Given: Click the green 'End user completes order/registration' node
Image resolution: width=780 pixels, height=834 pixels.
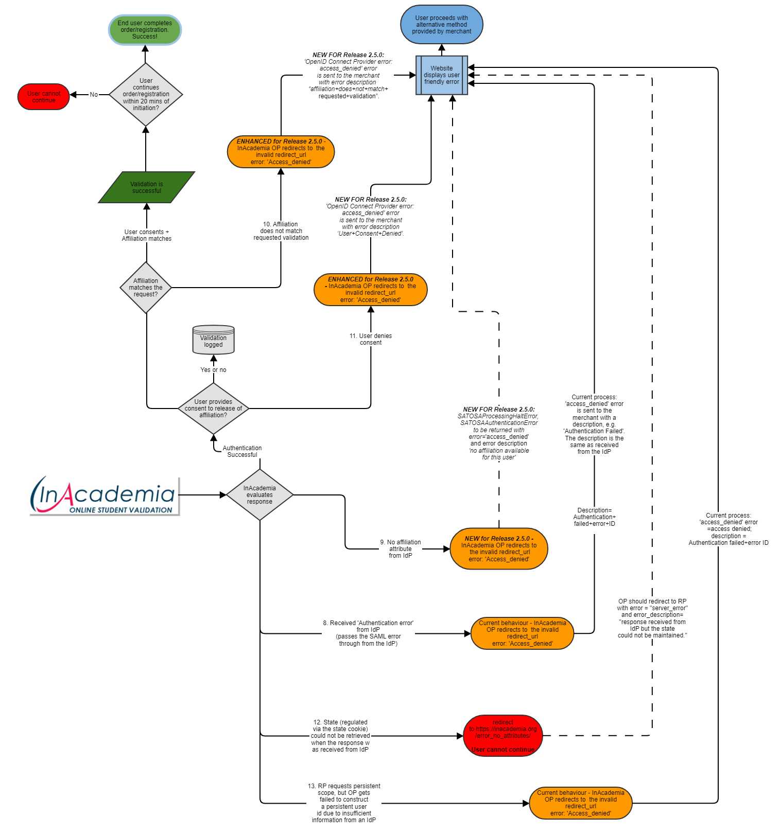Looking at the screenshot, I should coord(145,30).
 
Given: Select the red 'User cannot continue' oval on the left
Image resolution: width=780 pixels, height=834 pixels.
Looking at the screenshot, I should coord(44,97).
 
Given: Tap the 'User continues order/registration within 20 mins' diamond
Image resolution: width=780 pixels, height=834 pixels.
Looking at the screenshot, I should coord(146,95).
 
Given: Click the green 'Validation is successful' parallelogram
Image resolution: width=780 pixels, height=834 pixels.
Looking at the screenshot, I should coord(147,187).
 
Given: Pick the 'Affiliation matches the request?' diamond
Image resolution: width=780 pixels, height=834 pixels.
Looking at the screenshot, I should coord(146,288).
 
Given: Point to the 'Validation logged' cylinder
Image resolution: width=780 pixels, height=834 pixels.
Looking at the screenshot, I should coord(213,340).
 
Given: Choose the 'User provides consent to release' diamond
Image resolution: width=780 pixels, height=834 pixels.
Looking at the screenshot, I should coord(213,409).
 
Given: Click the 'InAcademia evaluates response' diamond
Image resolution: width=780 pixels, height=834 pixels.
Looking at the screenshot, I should coord(259,495).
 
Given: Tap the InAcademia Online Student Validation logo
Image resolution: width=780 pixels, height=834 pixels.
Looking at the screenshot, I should coord(105,495).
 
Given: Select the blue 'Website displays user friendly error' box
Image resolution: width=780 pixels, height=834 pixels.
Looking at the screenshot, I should coord(442,75).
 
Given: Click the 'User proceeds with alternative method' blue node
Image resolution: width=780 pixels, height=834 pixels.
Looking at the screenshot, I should coord(442,25).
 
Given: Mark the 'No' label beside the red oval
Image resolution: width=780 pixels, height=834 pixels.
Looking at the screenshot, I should coord(94,95).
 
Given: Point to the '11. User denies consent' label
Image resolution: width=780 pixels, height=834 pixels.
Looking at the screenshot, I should coord(371,339).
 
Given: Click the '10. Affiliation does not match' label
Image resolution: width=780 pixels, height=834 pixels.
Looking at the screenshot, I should coord(281,231).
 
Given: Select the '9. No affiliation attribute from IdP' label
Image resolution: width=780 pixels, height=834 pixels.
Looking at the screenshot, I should coord(401,549).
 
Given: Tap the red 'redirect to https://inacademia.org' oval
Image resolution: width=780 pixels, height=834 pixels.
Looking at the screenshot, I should coord(503,736).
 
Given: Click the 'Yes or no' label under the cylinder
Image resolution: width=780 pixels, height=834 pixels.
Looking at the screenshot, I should coord(213,370).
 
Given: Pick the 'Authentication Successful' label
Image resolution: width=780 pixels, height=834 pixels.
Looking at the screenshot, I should coord(242,451).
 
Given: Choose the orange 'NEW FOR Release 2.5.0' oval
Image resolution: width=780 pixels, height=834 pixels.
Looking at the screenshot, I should coord(499,549).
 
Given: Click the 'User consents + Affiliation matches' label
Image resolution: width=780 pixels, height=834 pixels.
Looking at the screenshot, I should coord(147,235).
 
